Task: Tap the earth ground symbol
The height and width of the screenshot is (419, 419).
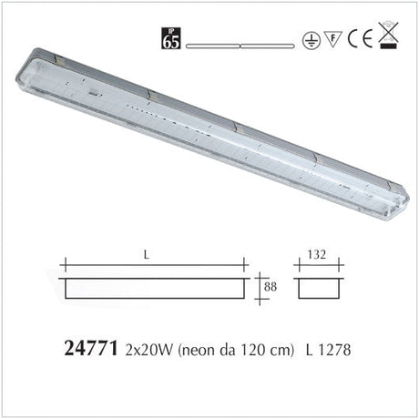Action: point(311,41)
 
